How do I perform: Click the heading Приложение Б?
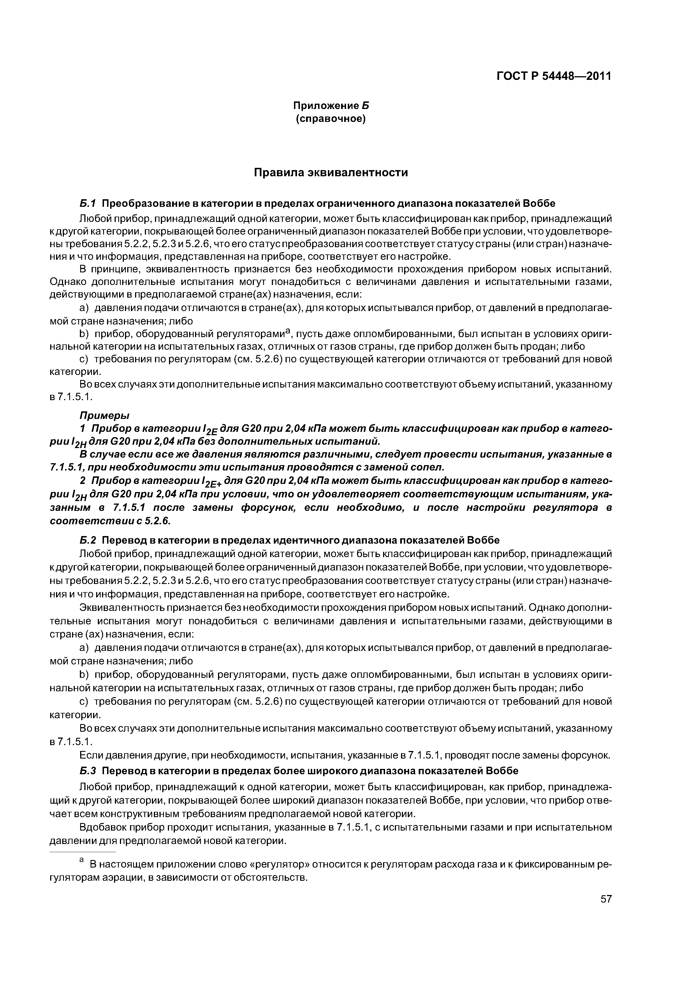331,105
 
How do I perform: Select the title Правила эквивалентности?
331,173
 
